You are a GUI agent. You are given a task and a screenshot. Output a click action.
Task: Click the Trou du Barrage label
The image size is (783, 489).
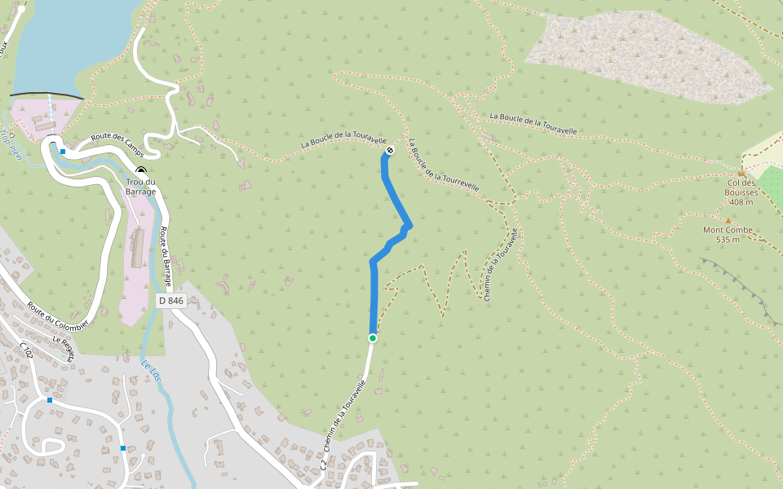[x=140, y=187]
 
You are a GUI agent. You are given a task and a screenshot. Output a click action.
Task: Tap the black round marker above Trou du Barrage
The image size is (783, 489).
[x=140, y=170]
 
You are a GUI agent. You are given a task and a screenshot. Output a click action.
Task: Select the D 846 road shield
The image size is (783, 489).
[x=171, y=301]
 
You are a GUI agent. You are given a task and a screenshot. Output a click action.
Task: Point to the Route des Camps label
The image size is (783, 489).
[x=117, y=146]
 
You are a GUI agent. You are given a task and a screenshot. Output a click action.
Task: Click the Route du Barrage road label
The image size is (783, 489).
[x=166, y=254]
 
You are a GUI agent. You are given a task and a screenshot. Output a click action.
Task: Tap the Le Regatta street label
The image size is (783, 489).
[x=64, y=348]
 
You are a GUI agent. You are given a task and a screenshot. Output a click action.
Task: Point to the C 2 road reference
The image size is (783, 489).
[x=324, y=465]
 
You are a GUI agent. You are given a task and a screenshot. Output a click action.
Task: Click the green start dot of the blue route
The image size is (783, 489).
[x=373, y=337]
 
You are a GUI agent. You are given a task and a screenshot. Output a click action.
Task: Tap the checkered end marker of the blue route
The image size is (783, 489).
[x=390, y=150]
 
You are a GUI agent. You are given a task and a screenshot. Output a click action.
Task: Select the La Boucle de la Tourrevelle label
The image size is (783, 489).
[x=445, y=165]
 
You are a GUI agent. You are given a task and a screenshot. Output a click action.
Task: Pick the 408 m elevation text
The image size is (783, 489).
[x=742, y=202]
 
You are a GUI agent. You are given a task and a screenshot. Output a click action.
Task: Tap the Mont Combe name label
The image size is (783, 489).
[x=728, y=230]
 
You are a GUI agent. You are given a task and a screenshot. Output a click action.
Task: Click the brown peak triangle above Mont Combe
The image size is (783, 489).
[x=728, y=219]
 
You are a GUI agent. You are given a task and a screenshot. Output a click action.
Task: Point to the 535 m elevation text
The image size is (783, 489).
[x=728, y=240]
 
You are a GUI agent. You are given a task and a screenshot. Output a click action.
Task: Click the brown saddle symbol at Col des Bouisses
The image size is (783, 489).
[x=741, y=174]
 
